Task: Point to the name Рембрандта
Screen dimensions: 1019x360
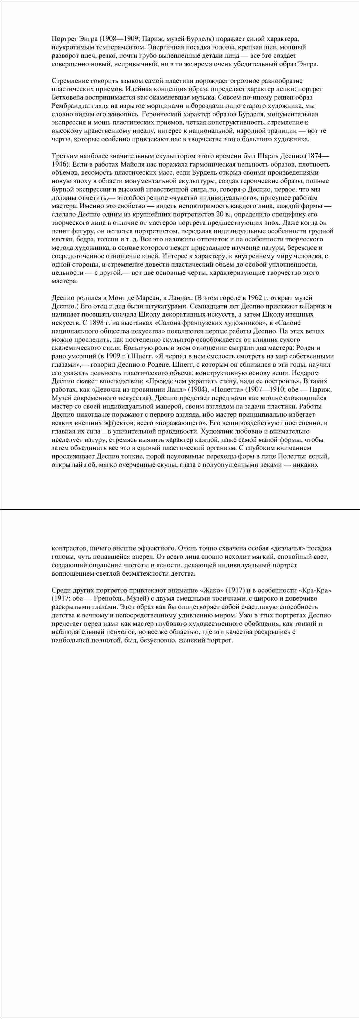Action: coord(69,106)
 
